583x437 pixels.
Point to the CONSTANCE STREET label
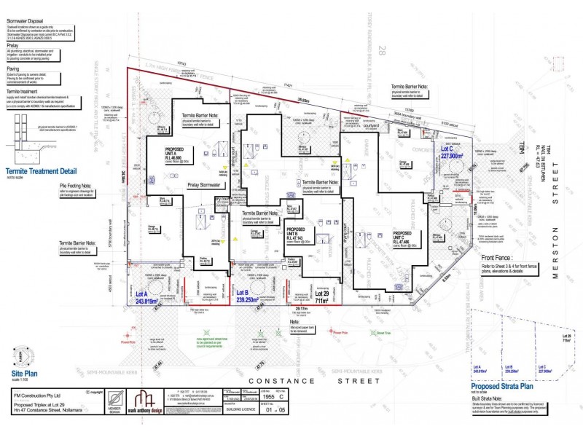289,380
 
